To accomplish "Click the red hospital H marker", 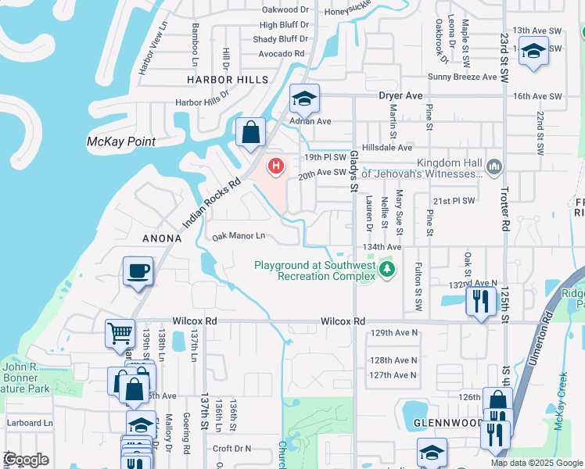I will pos(275,166).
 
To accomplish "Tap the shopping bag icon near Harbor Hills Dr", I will pos(250,133).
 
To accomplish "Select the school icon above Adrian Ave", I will pos(304,98).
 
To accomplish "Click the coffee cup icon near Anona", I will pos(138,271).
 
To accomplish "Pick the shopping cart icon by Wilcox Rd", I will pos(120,333).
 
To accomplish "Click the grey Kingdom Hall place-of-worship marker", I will pos(493,166).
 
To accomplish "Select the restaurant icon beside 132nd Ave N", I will pos(481,300).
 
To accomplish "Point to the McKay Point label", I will pos(120,141).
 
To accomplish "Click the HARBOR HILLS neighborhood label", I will pos(227,80).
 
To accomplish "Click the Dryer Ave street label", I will pos(400,95).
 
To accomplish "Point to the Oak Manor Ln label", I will pos(239,235).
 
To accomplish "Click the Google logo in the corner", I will pos(27,460).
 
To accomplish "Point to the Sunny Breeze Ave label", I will pos(462,77).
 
